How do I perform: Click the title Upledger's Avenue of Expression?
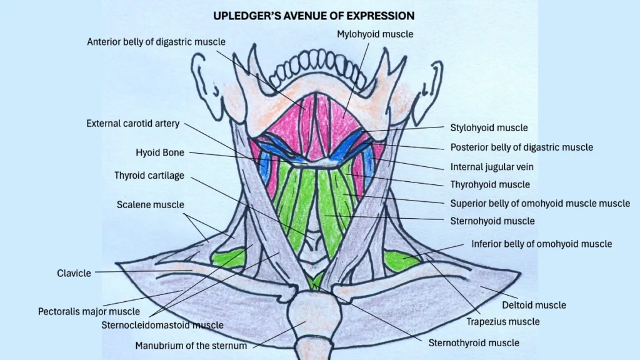(314, 15)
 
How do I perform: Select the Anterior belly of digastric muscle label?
(156, 42)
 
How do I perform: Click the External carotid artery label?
(132, 124)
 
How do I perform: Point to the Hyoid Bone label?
(160, 152)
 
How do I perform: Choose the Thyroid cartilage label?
(149, 176)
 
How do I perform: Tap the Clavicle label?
(74, 273)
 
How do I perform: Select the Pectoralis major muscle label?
(89, 311)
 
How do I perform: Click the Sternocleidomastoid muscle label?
(162, 325)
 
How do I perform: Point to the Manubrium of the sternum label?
(191, 345)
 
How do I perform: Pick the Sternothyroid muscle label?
(474, 342)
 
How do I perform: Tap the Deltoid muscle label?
(534, 305)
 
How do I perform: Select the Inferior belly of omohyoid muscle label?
(541, 244)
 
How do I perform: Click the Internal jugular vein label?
(492, 167)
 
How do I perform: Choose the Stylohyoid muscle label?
(489, 127)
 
